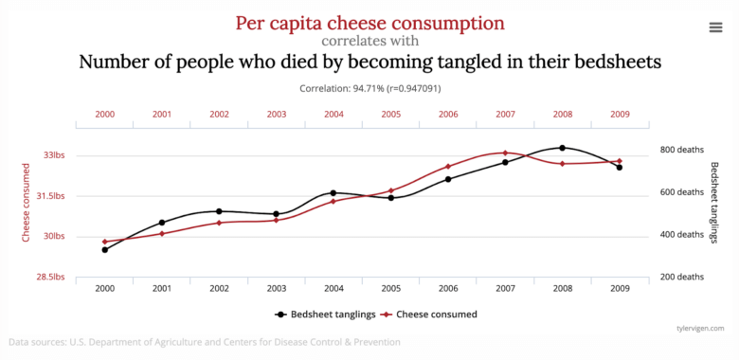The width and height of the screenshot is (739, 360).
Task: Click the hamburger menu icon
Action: pos(715,27)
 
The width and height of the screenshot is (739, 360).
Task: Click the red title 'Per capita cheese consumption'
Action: pos(369,23)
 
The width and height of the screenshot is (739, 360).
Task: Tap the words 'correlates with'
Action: pos(369,41)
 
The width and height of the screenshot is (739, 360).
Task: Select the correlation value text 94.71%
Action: pos(369,88)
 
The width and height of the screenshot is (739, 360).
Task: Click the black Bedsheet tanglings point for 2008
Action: pos(562,148)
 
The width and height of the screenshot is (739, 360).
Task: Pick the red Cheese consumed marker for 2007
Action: pos(505,153)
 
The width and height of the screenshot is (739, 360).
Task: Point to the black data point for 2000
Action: pos(105,249)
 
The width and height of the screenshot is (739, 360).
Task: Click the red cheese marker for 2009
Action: pos(619,161)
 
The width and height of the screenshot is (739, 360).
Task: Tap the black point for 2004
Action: pos(333,192)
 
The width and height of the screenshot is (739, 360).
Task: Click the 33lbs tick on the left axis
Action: pos(51,155)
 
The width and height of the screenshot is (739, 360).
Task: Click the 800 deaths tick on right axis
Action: pos(681,150)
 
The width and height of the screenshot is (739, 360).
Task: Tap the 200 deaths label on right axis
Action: pos(681,278)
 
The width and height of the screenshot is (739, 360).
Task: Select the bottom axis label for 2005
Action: pos(390,288)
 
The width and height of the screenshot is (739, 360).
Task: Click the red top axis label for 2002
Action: pos(219,115)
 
